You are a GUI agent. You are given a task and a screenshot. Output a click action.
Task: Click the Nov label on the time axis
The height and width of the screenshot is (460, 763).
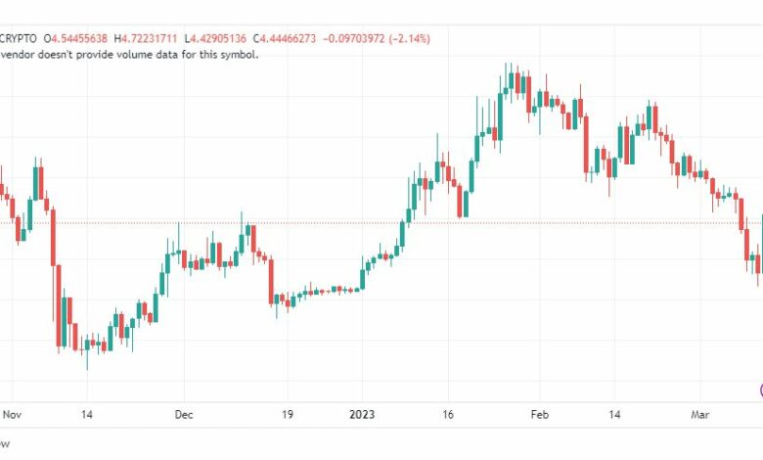(x=11, y=414)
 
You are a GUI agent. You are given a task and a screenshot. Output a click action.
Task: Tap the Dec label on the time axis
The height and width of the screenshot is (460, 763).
(x=185, y=414)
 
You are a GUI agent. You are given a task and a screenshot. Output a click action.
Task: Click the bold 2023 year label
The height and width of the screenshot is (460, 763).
(x=364, y=414)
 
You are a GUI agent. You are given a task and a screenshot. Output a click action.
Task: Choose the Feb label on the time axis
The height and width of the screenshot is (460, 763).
(x=540, y=414)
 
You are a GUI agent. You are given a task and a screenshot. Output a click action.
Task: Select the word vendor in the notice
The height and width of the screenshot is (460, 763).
(x=20, y=54)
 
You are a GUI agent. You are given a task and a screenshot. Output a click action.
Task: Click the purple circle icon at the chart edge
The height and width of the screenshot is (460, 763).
(x=759, y=390)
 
